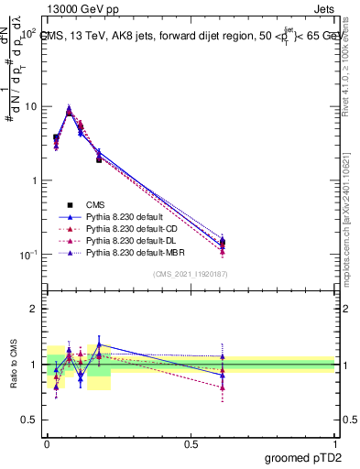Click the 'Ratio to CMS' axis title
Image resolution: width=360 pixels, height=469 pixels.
(x=15, y=365)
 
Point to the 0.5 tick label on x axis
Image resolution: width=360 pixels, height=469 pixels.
(x=191, y=442)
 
